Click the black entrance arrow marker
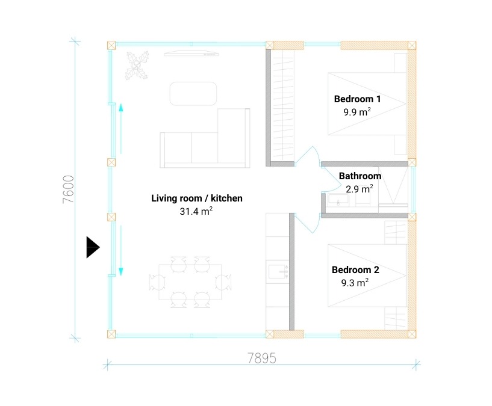click(x=93, y=247)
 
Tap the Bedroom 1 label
click(x=357, y=99)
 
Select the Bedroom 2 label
click(x=355, y=270)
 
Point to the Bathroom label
click(x=360, y=176)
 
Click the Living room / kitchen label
click(x=197, y=198)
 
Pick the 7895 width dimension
click(x=262, y=358)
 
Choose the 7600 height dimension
click(x=69, y=189)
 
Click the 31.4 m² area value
click(x=196, y=211)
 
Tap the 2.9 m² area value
click(x=360, y=189)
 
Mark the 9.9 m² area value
click(x=357, y=112)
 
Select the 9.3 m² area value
click(x=355, y=283)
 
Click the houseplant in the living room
click(x=137, y=66)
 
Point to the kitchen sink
click(x=278, y=271)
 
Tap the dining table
click(x=190, y=282)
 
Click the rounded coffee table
click(x=193, y=93)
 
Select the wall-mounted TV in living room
click(x=191, y=54)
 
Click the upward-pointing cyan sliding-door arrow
click(x=121, y=129)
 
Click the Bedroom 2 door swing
click(x=308, y=223)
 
